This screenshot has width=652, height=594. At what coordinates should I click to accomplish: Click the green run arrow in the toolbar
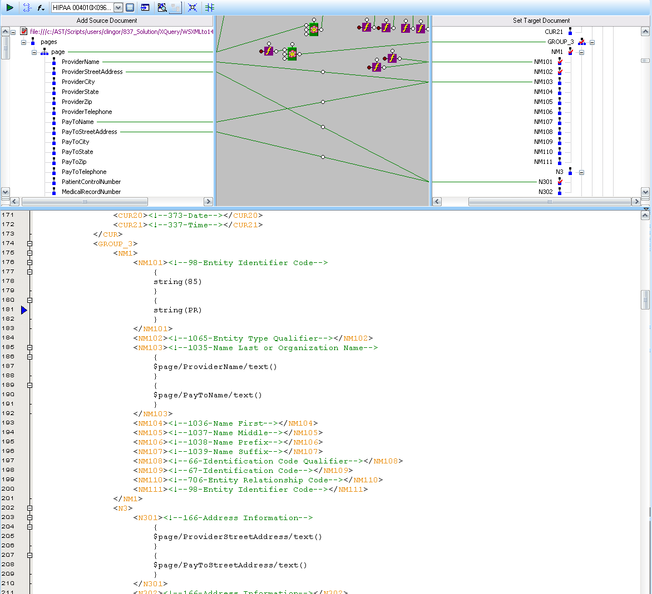click(x=10, y=7)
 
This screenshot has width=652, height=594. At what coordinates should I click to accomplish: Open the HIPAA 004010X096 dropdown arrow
click(x=118, y=7)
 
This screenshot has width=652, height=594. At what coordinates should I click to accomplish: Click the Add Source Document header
click(x=107, y=21)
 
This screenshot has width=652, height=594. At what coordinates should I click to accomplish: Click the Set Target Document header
click(x=541, y=21)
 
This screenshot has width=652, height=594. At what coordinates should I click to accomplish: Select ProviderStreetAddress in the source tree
click(x=92, y=72)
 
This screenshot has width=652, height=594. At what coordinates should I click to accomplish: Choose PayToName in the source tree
click(x=78, y=122)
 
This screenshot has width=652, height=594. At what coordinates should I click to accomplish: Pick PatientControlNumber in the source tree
click(x=91, y=182)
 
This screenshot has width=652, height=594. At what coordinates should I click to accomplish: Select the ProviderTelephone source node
click(x=87, y=112)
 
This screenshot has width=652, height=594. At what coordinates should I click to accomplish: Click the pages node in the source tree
click(x=48, y=42)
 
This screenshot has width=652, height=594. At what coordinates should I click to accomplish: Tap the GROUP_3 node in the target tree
click(x=561, y=42)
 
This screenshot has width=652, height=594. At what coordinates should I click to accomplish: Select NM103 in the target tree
click(x=543, y=82)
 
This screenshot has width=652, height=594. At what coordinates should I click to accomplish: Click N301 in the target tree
click(x=545, y=182)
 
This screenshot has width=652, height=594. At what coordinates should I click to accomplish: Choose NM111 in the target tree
click(x=543, y=162)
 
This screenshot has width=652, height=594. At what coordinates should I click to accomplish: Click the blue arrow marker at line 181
click(x=24, y=310)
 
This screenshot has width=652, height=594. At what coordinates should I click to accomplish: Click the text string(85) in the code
click(x=177, y=282)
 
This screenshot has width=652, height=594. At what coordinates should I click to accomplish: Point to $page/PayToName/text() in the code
click(x=208, y=395)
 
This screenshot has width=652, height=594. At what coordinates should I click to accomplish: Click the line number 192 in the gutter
click(x=8, y=413)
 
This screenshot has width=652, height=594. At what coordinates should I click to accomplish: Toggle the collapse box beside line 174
click(x=29, y=244)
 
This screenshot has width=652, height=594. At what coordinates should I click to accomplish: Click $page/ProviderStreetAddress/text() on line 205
click(x=238, y=537)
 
